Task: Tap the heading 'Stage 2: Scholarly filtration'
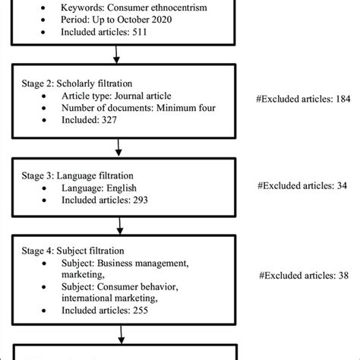click(x=69, y=81)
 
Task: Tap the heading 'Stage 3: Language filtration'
click(x=71, y=172)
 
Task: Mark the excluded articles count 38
click(x=346, y=276)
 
